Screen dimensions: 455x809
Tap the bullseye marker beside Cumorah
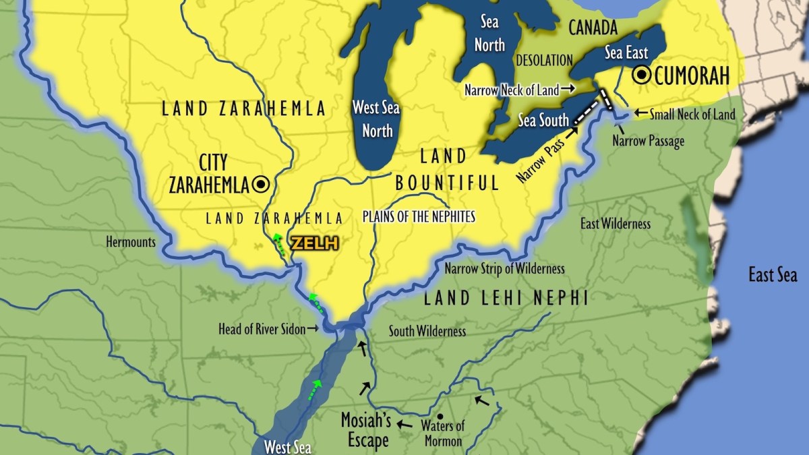(x=642, y=75)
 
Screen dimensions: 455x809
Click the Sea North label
(x=489, y=34)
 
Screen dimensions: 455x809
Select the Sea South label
(x=544, y=121)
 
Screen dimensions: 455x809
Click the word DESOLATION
(x=544, y=60)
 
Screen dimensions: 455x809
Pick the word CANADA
(x=593, y=28)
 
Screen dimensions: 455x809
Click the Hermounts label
(x=131, y=241)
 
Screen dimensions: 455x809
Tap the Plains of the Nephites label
(x=419, y=216)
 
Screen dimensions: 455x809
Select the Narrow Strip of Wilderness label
(x=504, y=269)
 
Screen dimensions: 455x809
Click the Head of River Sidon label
(x=263, y=330)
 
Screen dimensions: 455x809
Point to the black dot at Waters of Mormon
(x=440, y=416)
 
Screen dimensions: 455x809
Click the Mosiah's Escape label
(x=367, y=430)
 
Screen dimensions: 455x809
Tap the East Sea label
(x=773, y=274)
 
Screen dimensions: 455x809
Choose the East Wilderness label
(x=616, y=224)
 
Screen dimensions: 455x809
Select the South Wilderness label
(x=427, y=331)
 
